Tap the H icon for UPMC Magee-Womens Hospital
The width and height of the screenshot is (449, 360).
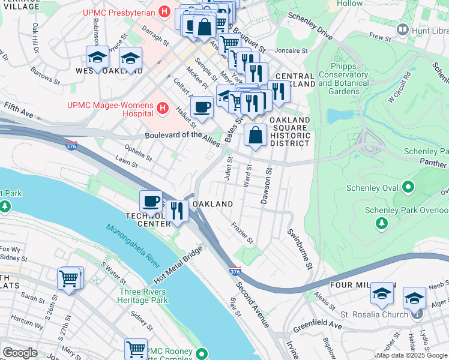click(161, 109)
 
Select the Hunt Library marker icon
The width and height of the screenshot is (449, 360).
click(403, 29)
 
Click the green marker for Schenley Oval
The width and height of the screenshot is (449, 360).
click(409, 187)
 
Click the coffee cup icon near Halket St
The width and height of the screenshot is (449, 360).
click(202, 107)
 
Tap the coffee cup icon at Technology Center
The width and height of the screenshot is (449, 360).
click(151, 201)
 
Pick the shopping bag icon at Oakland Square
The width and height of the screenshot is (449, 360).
click(256, 135)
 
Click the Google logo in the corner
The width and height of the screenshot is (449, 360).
click(20, 353)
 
